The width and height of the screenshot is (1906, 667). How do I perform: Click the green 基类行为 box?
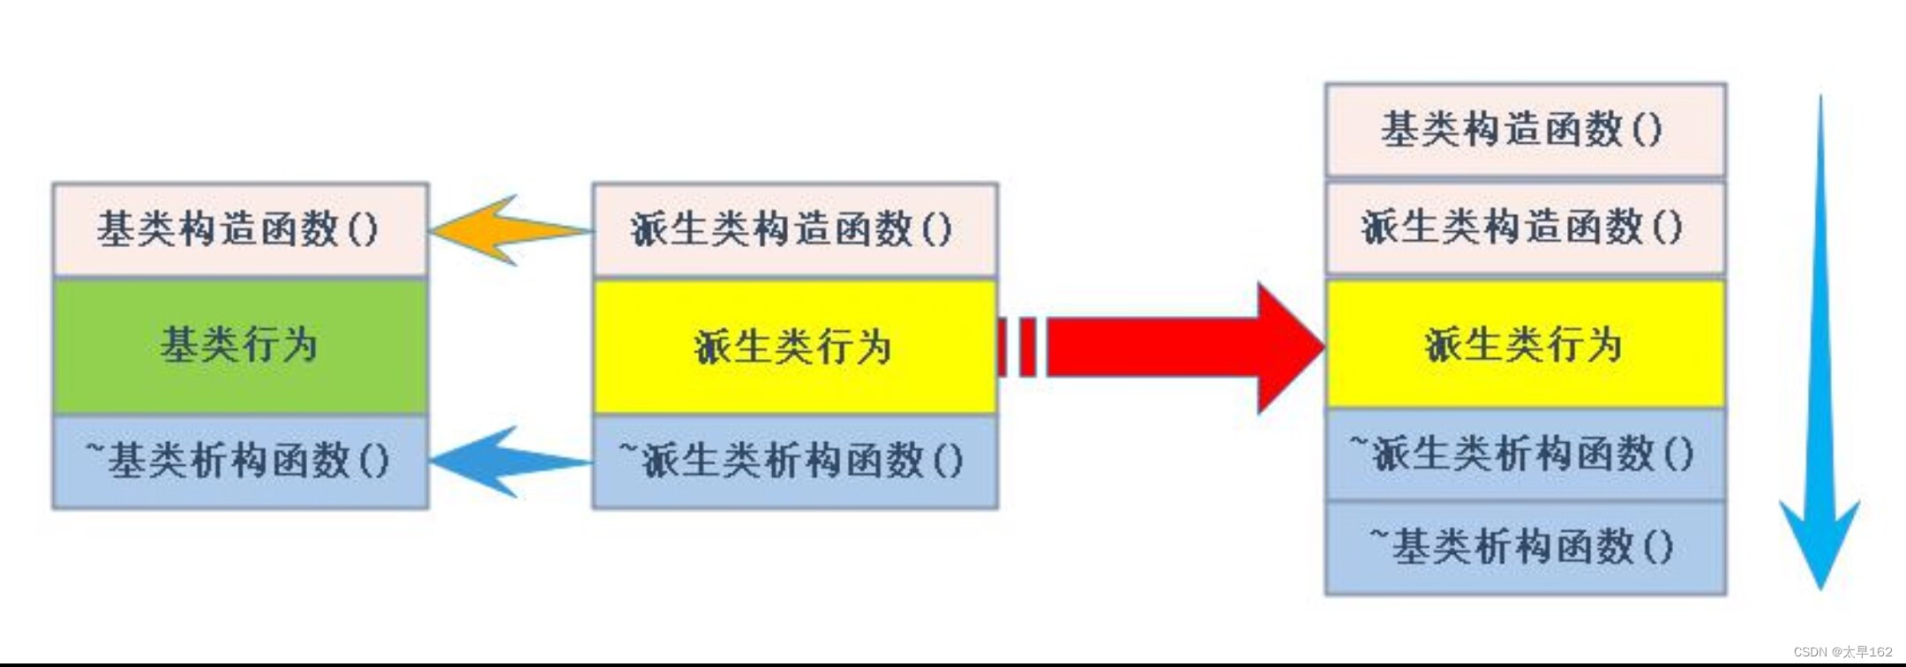pyautogui.click(x=240, y=345)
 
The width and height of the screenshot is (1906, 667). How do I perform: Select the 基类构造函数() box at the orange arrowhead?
pyautogui.click(x=240, y=229)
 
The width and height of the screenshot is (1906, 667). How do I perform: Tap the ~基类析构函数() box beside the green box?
pyautogui.click(x=240, y=461)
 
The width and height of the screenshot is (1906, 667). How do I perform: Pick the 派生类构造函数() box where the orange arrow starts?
pyautogui.click(x=794, y=229)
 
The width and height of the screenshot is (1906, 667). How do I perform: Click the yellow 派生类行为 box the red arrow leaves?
pyautogui.click(x=794, y=346)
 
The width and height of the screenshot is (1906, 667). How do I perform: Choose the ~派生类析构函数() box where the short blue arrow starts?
pyautogui.click(x=794, y=461)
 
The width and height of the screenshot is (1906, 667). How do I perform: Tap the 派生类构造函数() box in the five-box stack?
pyautogui.click(x=1525, y=228)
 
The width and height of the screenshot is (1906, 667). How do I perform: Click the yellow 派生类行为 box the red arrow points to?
pyautogui.click(x=1525, y=344)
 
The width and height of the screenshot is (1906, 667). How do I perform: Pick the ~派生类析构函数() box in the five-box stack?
pyautogui.click(x=1525, y=454)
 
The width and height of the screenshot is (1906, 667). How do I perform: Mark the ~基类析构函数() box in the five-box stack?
pyautogui.click(x=1525, y=547)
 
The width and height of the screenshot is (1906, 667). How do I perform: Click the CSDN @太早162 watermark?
pyautogui.click(x=1842, y=652)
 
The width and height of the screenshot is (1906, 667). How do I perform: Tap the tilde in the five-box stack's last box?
pyautogui.click(x=1378, y=533)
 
